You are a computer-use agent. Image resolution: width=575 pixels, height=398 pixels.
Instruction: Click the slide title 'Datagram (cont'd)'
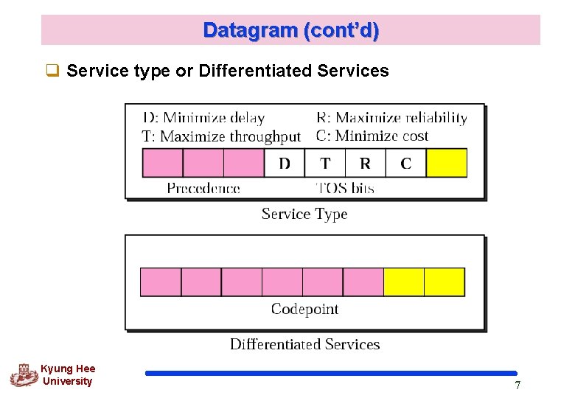click(291, 30)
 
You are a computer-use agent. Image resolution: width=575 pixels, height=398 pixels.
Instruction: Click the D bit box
click(285, 163)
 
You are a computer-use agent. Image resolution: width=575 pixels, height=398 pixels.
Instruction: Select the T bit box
click(325, 163)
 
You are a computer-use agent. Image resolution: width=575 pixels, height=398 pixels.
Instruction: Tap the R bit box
click(366, 163)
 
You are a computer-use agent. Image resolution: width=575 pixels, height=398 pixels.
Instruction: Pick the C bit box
click(406, 163)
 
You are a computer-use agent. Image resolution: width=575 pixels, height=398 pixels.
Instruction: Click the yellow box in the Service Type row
click(447, 163)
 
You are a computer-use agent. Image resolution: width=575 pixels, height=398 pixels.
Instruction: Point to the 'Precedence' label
click(203, 189)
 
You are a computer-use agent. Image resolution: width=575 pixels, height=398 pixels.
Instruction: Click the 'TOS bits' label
click(345, 189)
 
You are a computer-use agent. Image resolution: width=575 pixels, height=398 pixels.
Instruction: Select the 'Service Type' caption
click(304, 214)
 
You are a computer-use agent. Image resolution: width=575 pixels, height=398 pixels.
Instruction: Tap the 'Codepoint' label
click(304, 309)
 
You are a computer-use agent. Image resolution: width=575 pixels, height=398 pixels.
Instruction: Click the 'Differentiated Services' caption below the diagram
click(304, 344)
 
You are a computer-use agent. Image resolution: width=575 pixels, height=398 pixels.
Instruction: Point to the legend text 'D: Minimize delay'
click(203, 118)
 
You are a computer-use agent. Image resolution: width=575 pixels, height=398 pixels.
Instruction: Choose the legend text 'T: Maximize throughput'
click(221, 136)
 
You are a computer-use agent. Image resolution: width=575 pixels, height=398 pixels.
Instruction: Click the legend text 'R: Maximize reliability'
click(391, 118)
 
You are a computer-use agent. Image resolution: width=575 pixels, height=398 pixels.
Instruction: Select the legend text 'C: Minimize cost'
click(372, 136)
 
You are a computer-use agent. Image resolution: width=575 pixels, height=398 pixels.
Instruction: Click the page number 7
click(517, 385)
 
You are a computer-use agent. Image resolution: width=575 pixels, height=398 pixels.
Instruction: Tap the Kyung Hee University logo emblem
click(24, 375)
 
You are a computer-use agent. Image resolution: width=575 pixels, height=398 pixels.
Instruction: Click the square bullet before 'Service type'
click(52, 71)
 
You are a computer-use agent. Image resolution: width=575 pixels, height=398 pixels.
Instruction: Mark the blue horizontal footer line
click(331, 374)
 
